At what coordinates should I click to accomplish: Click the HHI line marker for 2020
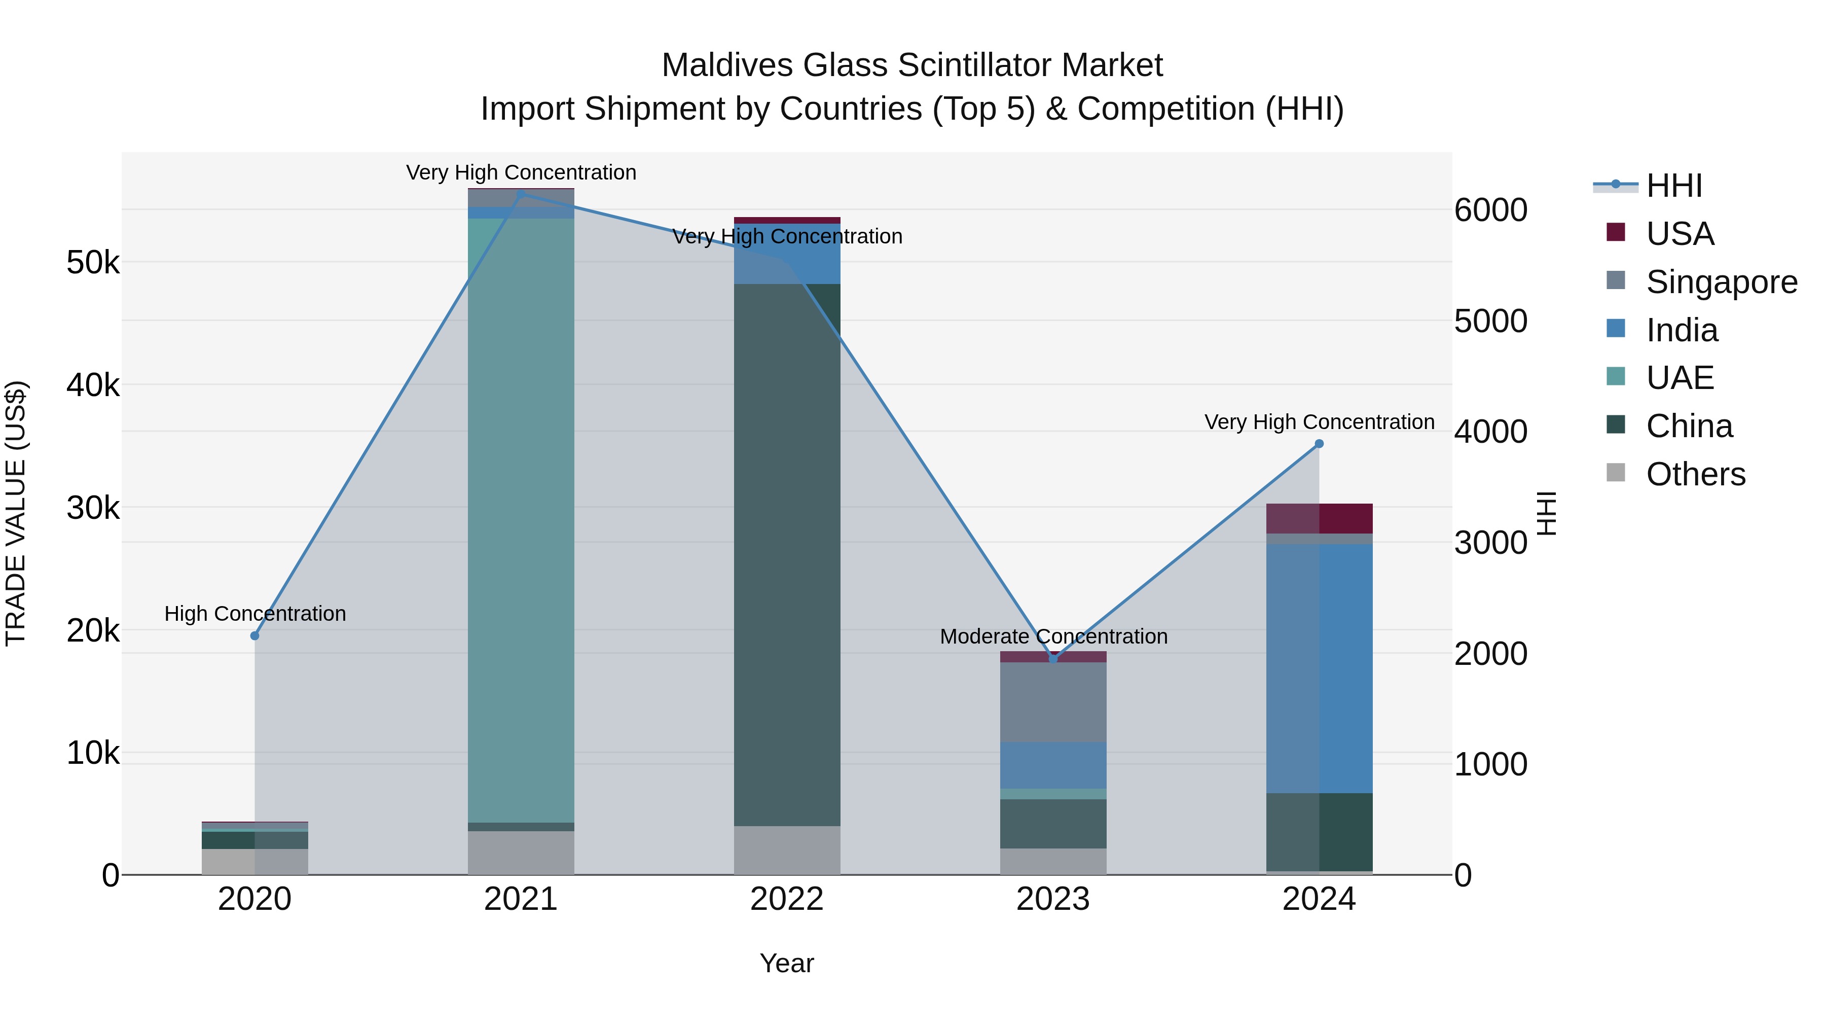[x=255, y=636]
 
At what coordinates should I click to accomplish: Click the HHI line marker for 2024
[x=1319, y=444]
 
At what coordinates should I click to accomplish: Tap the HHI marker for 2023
[x=1053, y=658]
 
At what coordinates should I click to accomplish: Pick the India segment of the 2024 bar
[x=1319, y=666]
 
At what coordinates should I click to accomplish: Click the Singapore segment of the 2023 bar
[x=1053, y=702]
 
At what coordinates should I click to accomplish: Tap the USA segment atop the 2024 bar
[x=1319, y=518]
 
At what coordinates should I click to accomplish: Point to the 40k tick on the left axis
[x=93, y=385]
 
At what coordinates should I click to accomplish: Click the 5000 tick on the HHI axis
[x=1490, y=321]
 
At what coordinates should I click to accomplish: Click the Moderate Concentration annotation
[x=1053, y=636]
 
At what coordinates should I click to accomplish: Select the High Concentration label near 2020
[x=255, y=613]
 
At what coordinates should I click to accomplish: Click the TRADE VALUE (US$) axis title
[x=16, y=513]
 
